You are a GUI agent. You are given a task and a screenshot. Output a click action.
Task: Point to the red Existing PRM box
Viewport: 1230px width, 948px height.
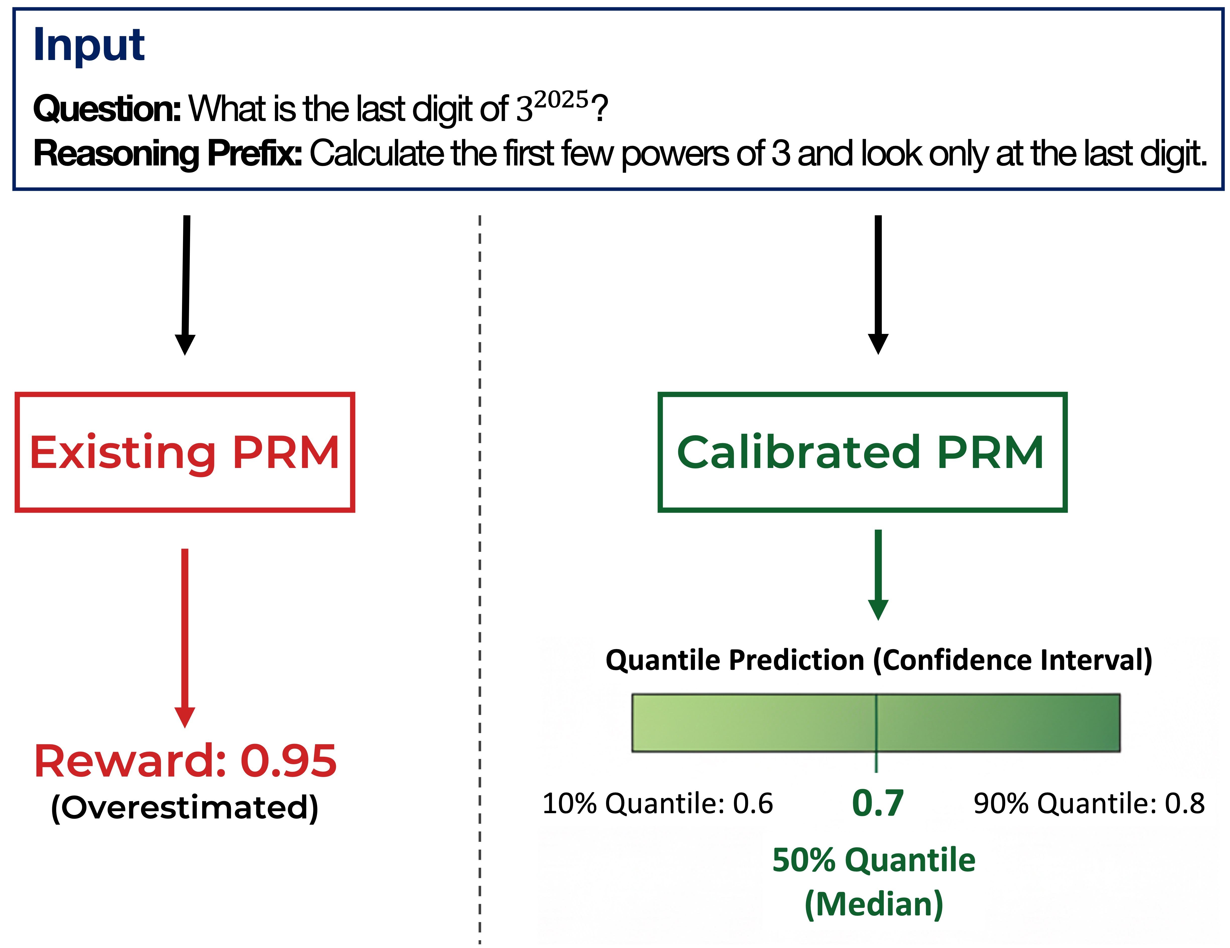tap(185, 452)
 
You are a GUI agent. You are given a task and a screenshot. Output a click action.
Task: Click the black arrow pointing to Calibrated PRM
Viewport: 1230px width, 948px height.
tap(878, 284)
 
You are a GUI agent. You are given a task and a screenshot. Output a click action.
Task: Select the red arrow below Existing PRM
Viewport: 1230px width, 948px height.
tap(185, 636)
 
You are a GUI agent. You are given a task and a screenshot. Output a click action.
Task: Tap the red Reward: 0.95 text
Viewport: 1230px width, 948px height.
tap(185, 761)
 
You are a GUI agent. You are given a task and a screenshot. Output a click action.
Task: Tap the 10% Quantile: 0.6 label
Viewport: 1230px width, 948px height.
tap(657, 803)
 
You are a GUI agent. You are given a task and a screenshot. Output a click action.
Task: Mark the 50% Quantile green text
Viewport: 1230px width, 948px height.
tap(873, 860)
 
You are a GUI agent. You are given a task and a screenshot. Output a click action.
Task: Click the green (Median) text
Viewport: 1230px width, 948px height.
tap(873, 904)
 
